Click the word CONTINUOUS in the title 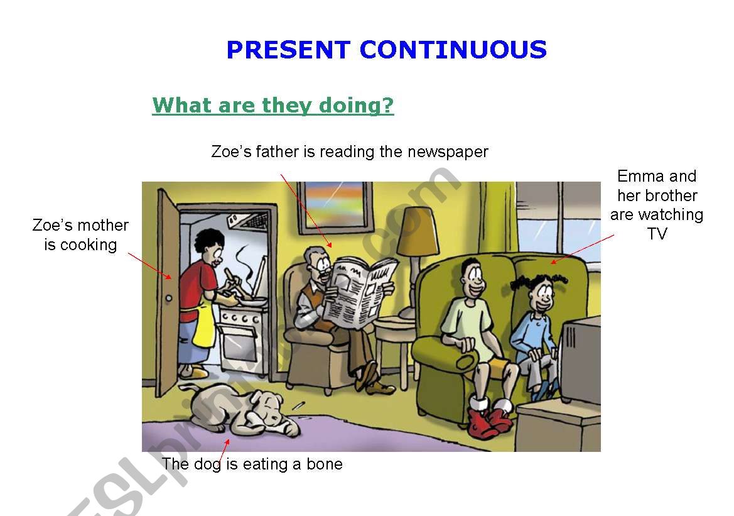(453, 50)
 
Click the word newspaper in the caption (448, 152)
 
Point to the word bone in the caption (325, 464)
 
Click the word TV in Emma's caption (657, 233)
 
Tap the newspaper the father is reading (360, 292)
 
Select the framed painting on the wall (336, 206)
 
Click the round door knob (169, 298)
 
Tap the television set (580, 360)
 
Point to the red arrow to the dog (224, 453)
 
